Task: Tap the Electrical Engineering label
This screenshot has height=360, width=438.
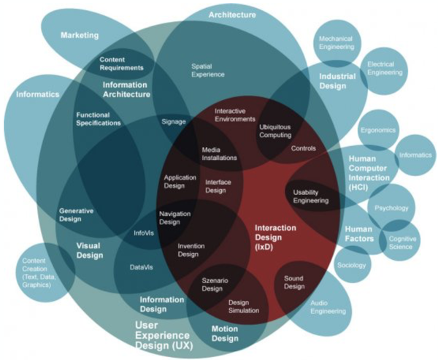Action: pyautogui.click(x=385, y=69)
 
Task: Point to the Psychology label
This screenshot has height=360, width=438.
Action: pyautogui.click(x=391, y=208)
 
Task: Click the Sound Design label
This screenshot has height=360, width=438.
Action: pyautogui.click(x=293, y=282)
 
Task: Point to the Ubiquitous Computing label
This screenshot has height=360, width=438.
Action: pyautogui.click(x=274, y=130)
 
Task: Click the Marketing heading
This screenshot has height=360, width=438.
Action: pyautogui.click(x=79, y=34)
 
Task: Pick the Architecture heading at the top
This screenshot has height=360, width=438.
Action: pyautogui.click(x=232, y=14)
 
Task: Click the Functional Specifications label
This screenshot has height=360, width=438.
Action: pyautogui.click(x=98, y=119)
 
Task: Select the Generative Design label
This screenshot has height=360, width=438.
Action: pyautogui.click(x=76, y=215)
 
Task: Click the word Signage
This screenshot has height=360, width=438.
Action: pyautogui.click(x=174, y=120)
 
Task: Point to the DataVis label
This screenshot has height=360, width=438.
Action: pyautogui.click(x=141, y=267)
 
